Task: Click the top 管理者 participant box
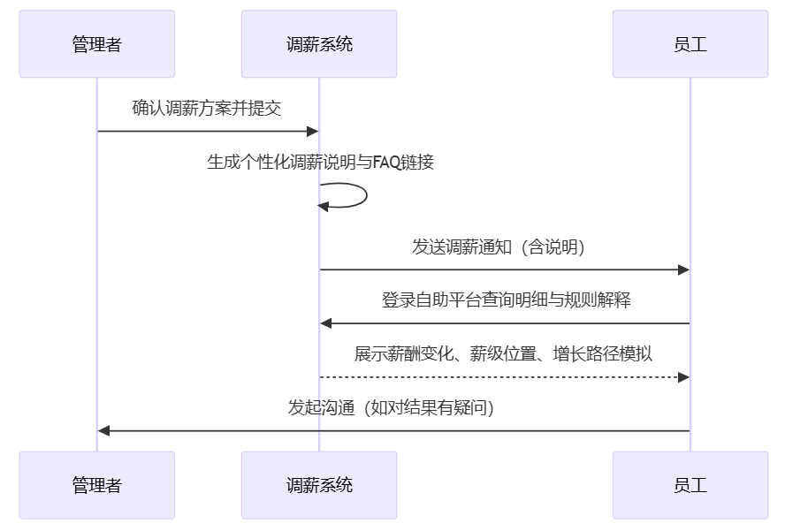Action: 97,44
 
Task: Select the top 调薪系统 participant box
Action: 319,44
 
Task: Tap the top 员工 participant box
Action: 690,44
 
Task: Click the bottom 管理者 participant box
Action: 97,485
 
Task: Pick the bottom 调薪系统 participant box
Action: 319,485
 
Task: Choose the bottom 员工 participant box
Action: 690,485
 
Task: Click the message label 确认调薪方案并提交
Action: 207,108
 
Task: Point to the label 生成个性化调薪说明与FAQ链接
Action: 320,163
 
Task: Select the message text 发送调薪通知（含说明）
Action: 504,247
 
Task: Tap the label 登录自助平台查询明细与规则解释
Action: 505,300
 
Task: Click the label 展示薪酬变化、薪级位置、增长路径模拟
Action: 504,354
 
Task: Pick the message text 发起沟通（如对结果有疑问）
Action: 392,408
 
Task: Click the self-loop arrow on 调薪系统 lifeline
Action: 364,195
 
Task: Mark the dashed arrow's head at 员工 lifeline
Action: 683,377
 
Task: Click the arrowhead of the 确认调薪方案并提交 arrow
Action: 312,132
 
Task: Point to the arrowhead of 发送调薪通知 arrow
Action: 683,269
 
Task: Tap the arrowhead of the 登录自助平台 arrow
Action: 326,323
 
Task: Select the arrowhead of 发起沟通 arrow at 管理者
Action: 104,431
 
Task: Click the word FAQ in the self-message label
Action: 386,163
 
